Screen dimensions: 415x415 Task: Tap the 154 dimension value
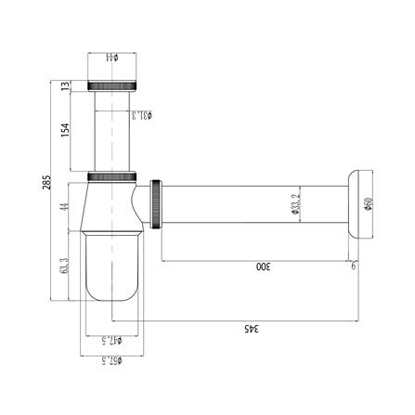[65, 130]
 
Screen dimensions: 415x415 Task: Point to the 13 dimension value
[65, 86]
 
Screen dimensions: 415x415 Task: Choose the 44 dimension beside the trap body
[65, 206]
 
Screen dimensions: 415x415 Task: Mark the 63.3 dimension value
[65, 266]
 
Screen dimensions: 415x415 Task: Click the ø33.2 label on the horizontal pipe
[294, 202]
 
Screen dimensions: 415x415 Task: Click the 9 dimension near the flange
[353, 267]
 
